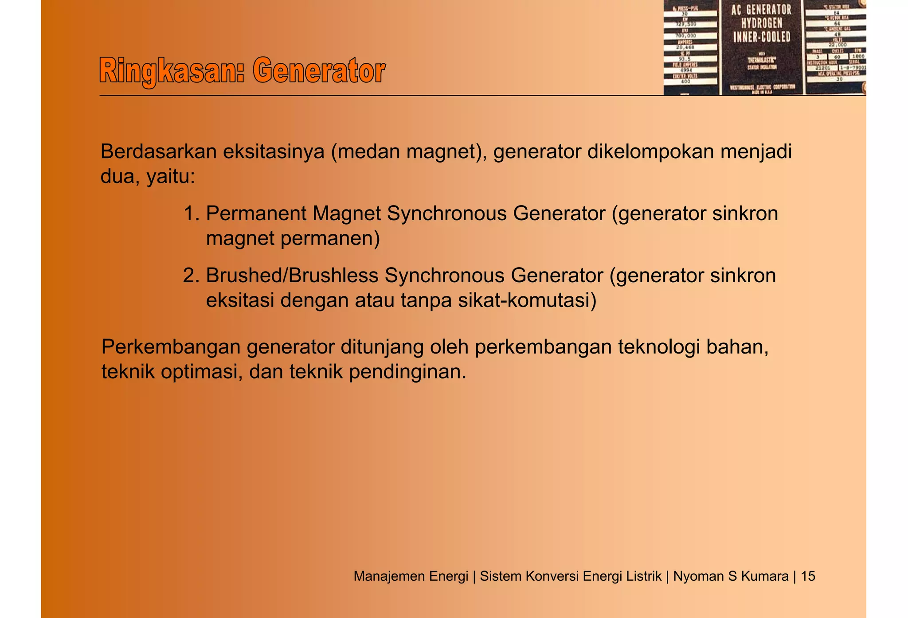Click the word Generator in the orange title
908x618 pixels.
click(319, 71)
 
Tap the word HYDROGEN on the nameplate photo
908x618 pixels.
click(762, 23)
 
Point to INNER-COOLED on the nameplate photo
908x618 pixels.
click(762, 37)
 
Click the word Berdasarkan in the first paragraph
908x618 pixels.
click(158, 152)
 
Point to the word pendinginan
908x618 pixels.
click(407, 372)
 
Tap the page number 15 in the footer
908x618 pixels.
click(808, 576)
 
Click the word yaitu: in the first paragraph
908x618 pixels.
click(171, 177)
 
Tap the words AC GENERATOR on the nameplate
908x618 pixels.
click(761, 10)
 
